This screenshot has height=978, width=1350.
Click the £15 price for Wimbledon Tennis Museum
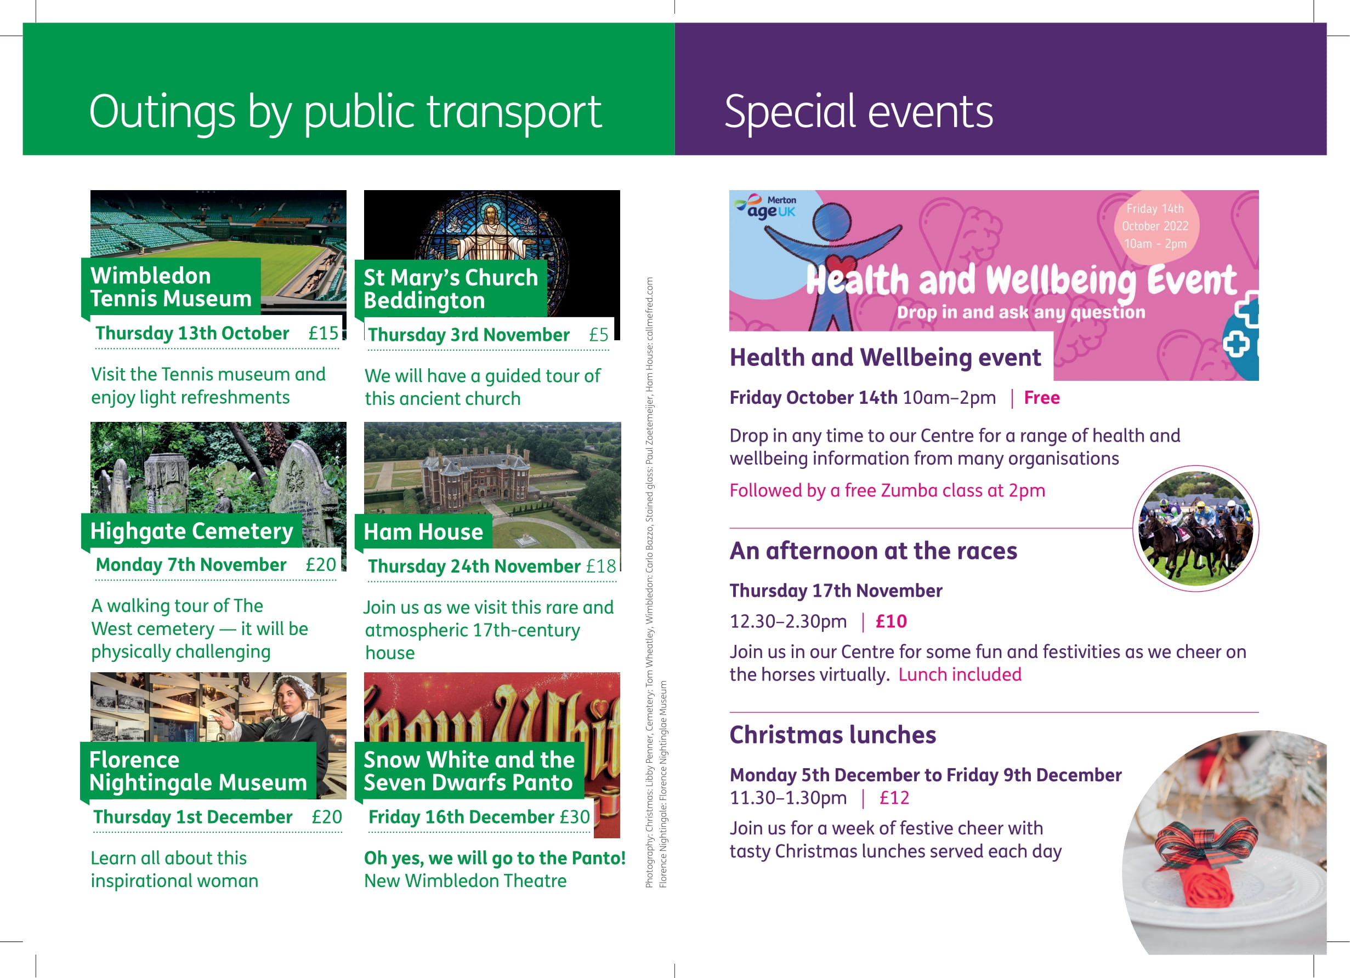[x=323, y=333]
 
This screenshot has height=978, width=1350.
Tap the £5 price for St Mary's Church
[x=599, y=335]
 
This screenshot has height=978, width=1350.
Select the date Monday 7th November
[x=191, y=564]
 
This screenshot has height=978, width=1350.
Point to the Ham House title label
[x=423, y=532]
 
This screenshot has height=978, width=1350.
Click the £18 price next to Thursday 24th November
[x=601, y=567]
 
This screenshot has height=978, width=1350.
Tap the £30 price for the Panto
[x=575, y=817]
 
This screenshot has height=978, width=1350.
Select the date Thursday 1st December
[x=193, y=817]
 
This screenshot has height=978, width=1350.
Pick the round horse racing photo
[x=1195, y=528]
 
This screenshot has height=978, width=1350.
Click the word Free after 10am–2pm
[x=1042, y=397]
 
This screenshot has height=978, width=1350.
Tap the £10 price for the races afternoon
[x=891, y=622]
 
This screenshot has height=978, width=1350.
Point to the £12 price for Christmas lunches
[x=894, y=798]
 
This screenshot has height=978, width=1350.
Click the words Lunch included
[x=960, y=674]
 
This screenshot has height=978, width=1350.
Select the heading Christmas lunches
[x=833, y=735]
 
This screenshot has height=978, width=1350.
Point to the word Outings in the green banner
[x=162, y=112]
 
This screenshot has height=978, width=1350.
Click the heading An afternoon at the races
[x=873, y=551]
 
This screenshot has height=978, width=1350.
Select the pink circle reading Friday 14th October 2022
[x=1155, y=226]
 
